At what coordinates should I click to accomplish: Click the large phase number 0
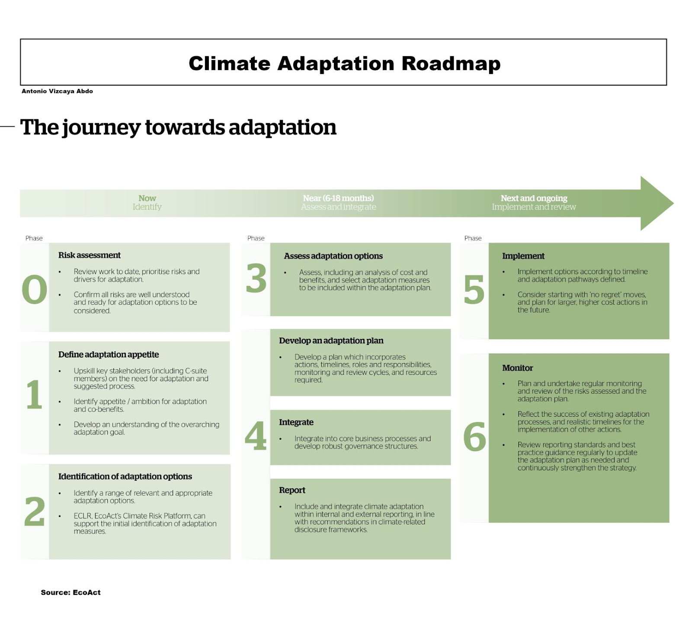click(34, 289)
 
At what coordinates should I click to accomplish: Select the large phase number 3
click(256, 278)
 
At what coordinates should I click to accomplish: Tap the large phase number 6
click(474, 437)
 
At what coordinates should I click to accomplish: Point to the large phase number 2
click(35, 511)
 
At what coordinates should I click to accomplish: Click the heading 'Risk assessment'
click(90, 255)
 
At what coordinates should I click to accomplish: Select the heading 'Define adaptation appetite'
click(109, 354)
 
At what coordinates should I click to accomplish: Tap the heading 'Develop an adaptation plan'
click(331, 341)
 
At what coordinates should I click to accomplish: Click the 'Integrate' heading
click(296, 422)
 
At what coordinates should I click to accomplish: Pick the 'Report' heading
click(292, 490)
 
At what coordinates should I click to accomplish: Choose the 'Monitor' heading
click(517, 368)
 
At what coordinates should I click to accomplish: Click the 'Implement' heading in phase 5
click(523, 256)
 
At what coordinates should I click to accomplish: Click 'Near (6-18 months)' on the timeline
click(338, 198)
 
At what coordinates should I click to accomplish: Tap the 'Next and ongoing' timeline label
click(534, 198)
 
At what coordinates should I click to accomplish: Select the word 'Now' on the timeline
click(147, 198)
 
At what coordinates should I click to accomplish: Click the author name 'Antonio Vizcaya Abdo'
click(57, 91)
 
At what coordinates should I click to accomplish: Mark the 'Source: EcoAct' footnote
click(70, 592)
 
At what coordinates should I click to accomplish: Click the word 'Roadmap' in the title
click(451, 64)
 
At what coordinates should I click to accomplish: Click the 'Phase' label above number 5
click(473, 238)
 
